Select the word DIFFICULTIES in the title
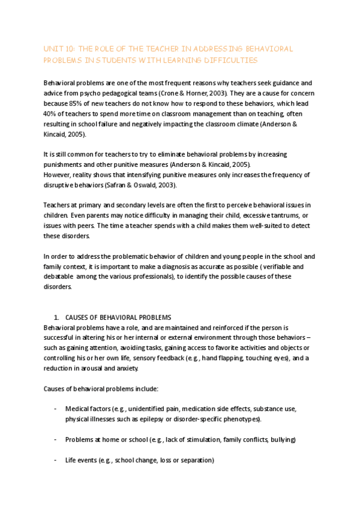pos(230,60)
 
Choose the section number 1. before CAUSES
pos(56,317)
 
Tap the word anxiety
pos(136,368)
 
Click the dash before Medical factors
pos(56,409)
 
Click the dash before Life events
pos(56,460)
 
